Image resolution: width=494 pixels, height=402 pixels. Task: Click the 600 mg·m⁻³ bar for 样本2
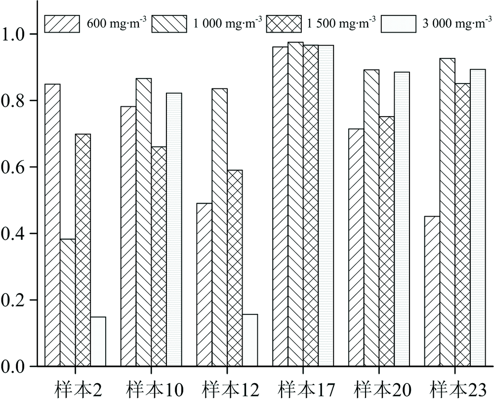(52, 225)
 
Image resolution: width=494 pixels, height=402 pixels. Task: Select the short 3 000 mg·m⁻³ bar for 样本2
(98, 342)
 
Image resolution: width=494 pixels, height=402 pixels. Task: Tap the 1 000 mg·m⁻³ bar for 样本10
(144, 222)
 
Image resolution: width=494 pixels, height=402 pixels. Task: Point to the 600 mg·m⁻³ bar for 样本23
(432, 291)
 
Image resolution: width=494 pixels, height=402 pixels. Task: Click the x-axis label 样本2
(75, 389)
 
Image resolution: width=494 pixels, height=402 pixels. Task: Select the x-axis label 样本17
(303, 389)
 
